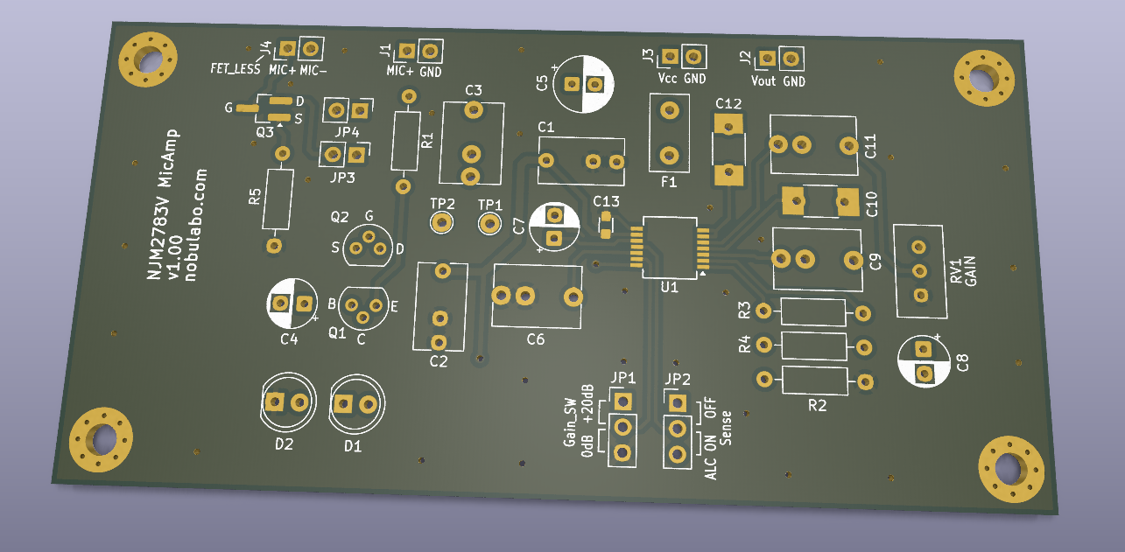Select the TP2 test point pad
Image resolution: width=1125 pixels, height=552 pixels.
click(441, 223)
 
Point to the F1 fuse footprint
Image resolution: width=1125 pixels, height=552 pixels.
click(670, 133)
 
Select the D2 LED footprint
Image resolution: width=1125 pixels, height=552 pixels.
click(287, 402)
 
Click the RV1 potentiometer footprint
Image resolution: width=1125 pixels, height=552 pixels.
click(919, 271)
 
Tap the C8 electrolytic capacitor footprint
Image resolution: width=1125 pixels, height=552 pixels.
click(924, 361)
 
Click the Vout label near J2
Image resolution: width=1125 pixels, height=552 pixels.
click(763, 81)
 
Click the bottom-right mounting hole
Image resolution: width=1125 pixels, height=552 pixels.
click(1011, 469)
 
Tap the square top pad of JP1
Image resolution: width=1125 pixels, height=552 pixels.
click(622, 402)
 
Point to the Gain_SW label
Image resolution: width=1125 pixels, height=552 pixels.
click(569, 417)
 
